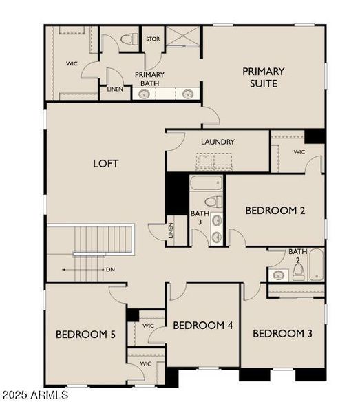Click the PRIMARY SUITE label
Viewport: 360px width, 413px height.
tap(264, 77)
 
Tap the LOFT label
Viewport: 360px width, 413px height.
tap(106, 163)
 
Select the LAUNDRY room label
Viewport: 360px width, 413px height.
tap(218, 142)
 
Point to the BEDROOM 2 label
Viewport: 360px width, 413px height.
tap(275, 211)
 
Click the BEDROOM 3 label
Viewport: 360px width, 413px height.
tap(282, 334)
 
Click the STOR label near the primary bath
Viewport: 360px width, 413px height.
tap(153, 39)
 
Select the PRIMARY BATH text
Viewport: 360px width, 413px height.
tap(149, 79)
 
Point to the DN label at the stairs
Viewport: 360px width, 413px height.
tap(110, 270)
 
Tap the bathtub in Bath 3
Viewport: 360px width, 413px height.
tap(207, 184)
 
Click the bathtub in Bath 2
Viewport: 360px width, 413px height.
tap(316, 265)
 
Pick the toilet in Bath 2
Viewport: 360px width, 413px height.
tap(298, 272)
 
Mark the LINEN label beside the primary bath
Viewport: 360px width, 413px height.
tap(116, 89)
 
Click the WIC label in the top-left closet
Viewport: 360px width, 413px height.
tap(72, 63)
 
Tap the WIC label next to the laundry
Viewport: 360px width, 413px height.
tap(299, 151)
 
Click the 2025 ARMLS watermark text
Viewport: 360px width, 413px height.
tap(34, 395)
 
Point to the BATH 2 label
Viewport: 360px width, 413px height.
tap(298, 255)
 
